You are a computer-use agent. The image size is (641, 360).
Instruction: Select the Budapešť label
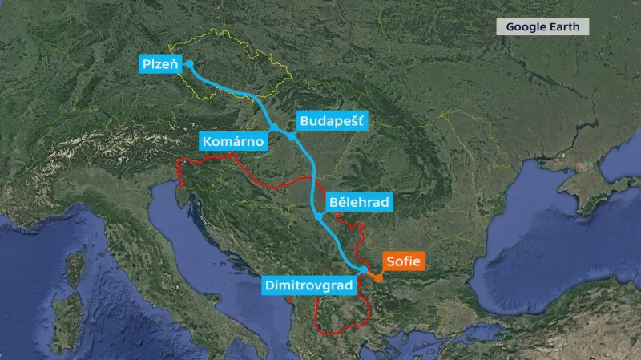330,121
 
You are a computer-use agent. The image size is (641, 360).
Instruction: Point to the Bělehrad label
358,202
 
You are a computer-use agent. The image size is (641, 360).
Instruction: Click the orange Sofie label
403,261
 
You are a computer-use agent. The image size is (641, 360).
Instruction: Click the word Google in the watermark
528,26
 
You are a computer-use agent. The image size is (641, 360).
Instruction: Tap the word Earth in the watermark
566,26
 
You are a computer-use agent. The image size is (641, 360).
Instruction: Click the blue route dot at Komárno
274,127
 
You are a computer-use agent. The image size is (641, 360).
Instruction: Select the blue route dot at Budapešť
291,136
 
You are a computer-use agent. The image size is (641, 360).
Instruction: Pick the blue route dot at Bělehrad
318,216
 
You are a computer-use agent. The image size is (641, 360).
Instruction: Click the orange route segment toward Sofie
370,276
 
